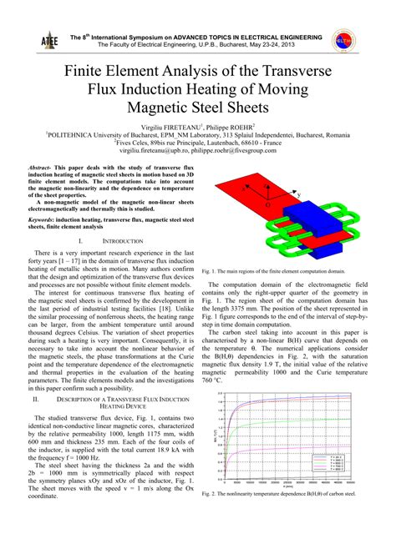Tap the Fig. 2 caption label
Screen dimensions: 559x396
tap(209, 494)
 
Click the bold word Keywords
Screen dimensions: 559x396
tap(43, 219)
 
